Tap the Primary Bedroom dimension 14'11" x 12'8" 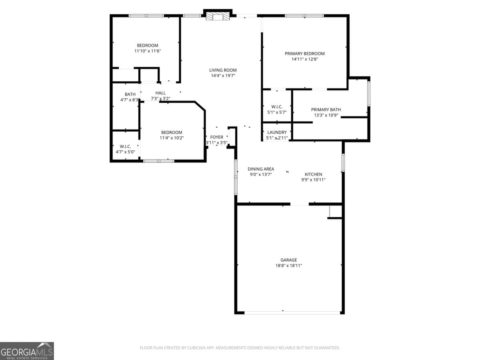point(304,59)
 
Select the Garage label point(288,260)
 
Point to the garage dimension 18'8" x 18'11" point(288,266)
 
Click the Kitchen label point(313,174)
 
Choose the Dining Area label point(261,169)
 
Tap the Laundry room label point(277,132)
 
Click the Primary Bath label point(326,110)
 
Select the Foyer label point(216,137)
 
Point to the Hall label point(160,93)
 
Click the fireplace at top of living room point(218,16)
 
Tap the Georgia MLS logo point(27,351)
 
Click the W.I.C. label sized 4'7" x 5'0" point(125,146)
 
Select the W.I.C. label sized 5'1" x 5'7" point(277,107)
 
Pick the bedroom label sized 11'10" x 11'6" point(148,46)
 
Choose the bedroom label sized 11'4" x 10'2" point(172,132)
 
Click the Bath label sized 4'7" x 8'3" point(130,94)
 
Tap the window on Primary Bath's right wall point(369,93)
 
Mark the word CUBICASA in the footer point(197,348)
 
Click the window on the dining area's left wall point(236,174)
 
